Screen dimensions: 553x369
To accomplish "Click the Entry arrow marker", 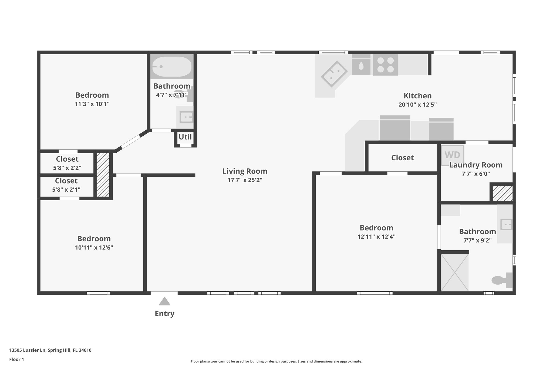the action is (164, 301).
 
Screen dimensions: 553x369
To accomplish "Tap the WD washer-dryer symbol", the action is (453, 155).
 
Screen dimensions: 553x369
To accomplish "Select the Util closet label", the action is (185, 137).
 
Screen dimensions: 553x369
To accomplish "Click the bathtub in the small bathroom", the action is (172, 67).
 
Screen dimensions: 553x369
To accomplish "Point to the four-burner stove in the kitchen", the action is (386, 65).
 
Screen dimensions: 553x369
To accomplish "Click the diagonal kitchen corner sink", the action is (334, 74).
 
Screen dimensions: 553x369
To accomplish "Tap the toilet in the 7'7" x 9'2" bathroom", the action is (502, 280).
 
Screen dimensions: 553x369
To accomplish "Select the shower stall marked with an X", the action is (455, 272).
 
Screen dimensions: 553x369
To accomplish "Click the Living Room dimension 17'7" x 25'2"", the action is (245, 180).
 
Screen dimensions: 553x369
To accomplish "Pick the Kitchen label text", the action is (417, 96).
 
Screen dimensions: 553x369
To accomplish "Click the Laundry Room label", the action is (476, 165).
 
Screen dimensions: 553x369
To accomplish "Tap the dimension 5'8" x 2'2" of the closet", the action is (67, 168).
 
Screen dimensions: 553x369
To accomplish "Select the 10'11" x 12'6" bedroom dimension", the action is (94, 248).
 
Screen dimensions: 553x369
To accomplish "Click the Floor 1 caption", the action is (17, 359).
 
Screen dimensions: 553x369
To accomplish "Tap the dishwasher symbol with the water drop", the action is (361, 65).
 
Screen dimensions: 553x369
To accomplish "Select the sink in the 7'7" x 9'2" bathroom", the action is (506, 224).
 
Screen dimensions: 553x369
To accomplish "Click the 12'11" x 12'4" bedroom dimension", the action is (376, 237).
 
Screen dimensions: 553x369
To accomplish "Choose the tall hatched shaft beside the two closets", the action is (103, 175).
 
